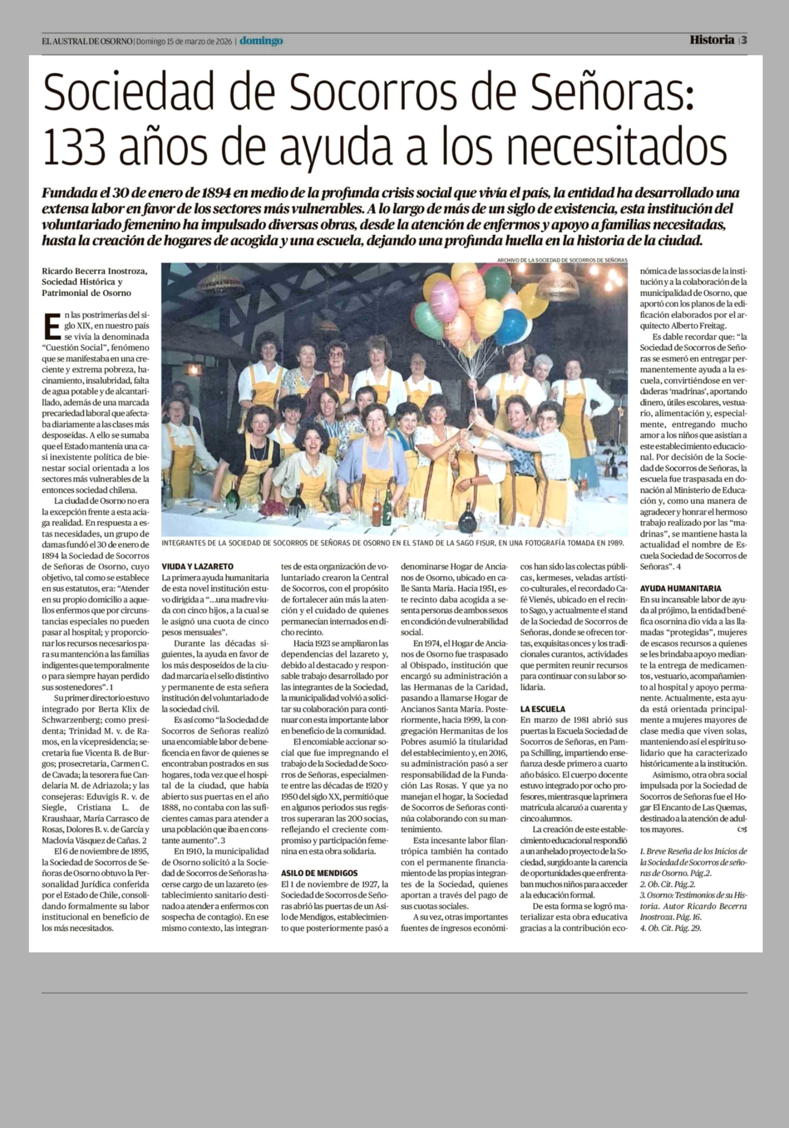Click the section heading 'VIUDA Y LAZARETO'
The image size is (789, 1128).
coord(197,566)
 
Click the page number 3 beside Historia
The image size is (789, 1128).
coord(744,40)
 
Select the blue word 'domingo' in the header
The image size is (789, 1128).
coord(261,41)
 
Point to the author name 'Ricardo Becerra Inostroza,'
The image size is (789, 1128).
coord(94,271)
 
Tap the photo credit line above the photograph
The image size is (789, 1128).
coord(562,260)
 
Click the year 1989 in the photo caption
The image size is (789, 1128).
coord(614,543)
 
